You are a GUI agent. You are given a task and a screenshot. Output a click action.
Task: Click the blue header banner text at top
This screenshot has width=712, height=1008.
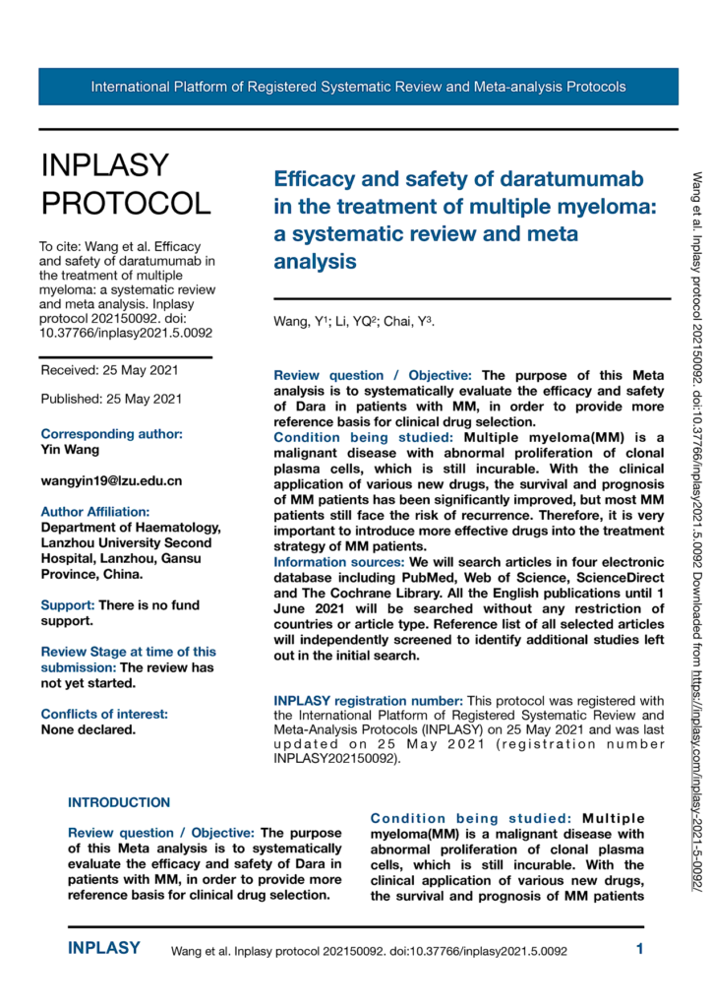[358, 87]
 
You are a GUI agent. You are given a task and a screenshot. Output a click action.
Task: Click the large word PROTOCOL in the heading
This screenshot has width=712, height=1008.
[125, 203]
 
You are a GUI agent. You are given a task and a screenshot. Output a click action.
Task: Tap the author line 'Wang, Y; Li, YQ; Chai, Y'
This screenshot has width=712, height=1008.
[353, 322]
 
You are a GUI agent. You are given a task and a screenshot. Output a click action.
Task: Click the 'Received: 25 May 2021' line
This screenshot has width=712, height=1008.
[111, 370]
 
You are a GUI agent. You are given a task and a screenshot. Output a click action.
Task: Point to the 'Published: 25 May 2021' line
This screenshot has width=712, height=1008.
[111, 399]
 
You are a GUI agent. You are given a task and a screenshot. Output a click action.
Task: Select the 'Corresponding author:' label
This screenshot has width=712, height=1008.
[111, 433]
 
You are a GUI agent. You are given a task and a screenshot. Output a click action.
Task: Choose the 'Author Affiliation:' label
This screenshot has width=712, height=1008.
[95, 512]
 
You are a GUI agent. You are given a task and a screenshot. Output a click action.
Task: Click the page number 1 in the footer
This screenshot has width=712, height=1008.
[639, 950]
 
